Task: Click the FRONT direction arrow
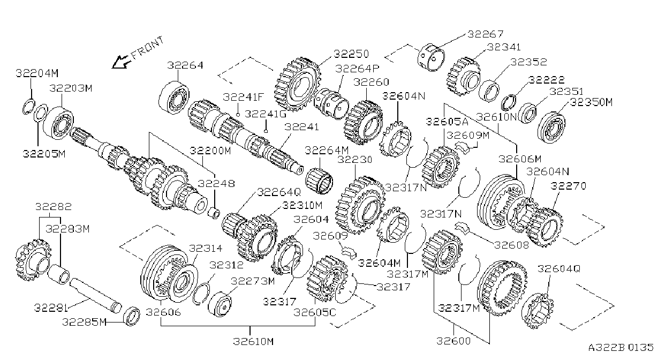click(121, 62)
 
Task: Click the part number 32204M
click(37, 73)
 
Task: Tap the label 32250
click(351, 54)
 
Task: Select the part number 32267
click(485, 34)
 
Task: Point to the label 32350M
click(591, 102)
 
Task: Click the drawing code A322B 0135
click(621, 347)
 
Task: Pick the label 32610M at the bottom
click(253, 341)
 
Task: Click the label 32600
click(453, 341)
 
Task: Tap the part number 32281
click(51, 308)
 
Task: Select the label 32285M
click(84, 322)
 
